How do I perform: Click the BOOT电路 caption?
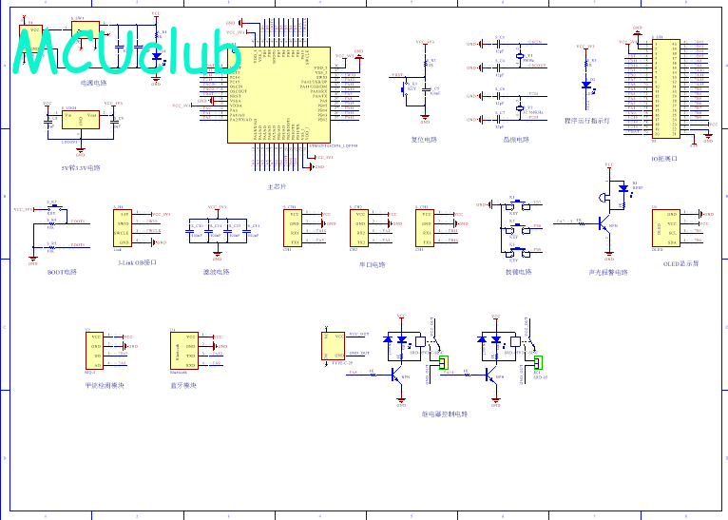pyautogui.click(x=62, y=271)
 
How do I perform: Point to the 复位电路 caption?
pyautogui.click(x=424, y=140)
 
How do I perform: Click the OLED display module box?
pyautogui.click(x=666, y=229)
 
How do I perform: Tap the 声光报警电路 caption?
pyautogui.click(x=608, y=273)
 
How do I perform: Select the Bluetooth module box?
pyautogui.click(x=183, y=351)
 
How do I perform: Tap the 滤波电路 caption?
pyautogui.click(x=217, y=272)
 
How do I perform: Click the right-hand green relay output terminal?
pyautogui.click(x=537, y=362)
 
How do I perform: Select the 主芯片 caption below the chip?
pyautogui.click(x=277, y=187)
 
